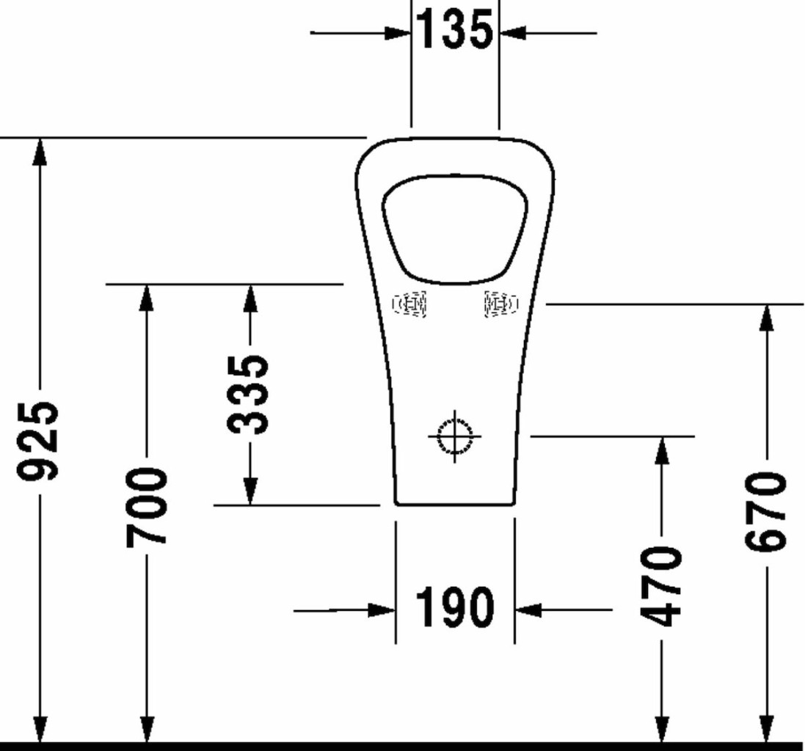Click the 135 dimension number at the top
454,30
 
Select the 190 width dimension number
455,607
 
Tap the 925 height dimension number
37,442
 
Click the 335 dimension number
248,395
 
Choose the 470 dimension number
662,586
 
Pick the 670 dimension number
765,513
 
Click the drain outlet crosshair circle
455,436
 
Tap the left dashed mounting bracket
409,304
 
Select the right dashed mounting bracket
501,304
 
